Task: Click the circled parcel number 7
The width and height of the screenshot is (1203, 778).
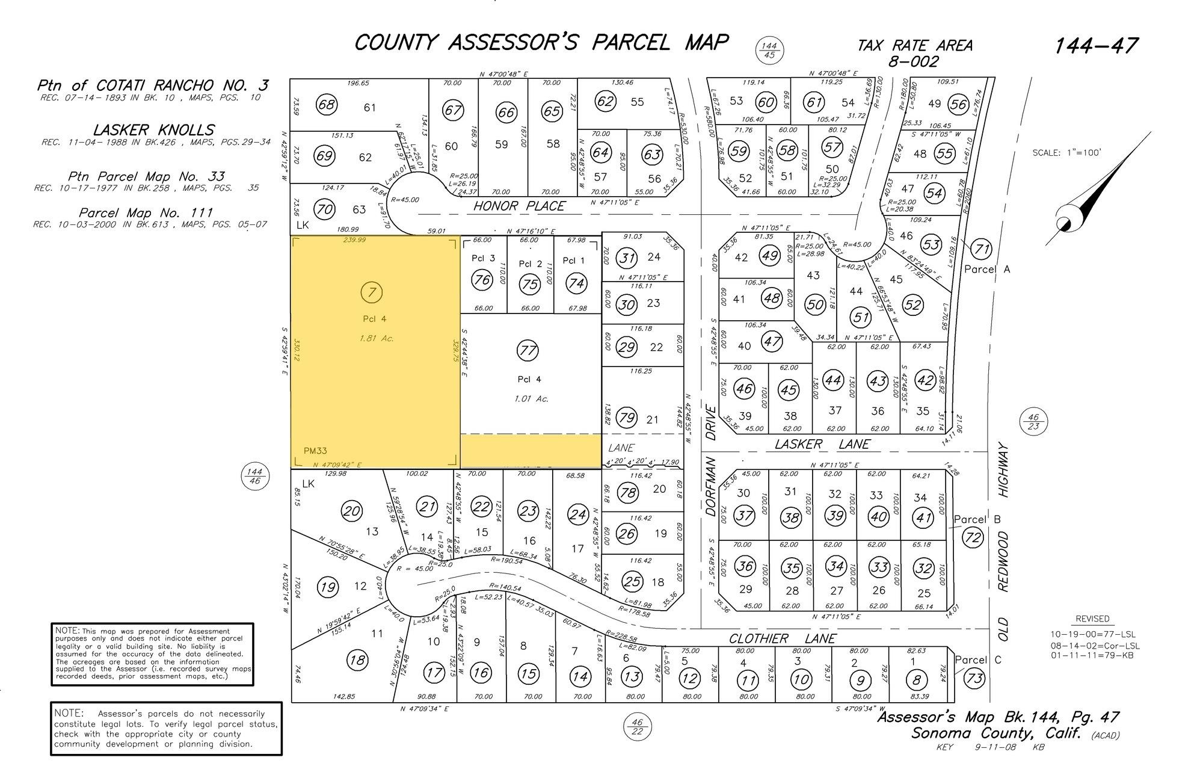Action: point(372,293)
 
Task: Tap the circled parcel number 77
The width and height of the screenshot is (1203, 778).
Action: point(528,351)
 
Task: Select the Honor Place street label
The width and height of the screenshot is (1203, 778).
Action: point(518,206)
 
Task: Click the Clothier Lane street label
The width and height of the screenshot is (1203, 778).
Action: point(782,638)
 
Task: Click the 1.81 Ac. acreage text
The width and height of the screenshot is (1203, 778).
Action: point(376,338)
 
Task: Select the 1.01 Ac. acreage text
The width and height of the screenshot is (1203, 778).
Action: point(532,398)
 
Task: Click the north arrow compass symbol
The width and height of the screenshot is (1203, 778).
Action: point(1083,199)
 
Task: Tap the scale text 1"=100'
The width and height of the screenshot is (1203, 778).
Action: point(1066,153)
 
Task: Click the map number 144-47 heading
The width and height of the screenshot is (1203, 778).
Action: point(1096,46)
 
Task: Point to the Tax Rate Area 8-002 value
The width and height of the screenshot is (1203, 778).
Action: point(913,61)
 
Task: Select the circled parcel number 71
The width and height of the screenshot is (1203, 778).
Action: point(982,249)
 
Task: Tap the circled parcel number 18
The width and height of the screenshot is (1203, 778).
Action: point(357,660)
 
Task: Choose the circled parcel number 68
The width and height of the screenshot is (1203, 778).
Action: point(327,105)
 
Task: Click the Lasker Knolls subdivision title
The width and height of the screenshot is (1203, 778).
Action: point(154,130)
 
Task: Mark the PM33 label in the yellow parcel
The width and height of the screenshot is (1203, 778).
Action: point(315,450)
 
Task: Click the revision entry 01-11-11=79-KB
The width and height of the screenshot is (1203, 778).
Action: point(1092,655)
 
